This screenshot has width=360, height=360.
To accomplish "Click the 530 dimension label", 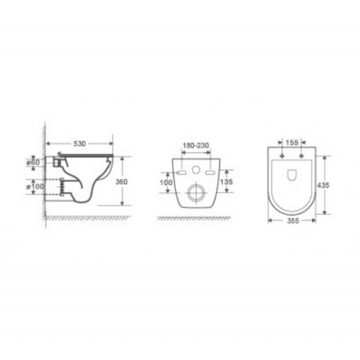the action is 80,144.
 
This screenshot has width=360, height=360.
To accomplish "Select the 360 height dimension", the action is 121,182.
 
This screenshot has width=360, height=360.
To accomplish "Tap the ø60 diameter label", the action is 33,162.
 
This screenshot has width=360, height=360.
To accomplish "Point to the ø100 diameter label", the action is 35,186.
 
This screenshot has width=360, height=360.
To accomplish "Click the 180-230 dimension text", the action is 196,145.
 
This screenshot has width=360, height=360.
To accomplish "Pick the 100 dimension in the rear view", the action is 166,183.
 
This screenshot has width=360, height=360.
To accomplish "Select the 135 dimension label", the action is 226,182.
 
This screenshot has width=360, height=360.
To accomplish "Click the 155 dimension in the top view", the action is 292,143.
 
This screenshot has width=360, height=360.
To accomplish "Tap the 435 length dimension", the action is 323,185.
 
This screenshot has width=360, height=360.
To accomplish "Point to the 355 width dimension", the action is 293,220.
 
